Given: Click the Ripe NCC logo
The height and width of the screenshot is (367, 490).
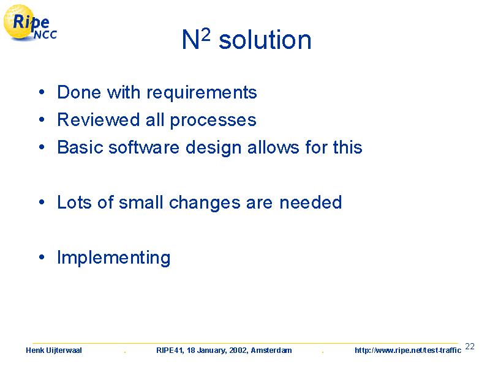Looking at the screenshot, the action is pyautogui.click(x=30, y=23).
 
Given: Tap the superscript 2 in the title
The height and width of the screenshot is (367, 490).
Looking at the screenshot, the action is pyautogui.click(x=206, y=35).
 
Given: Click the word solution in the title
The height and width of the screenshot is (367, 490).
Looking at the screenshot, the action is pyautogui.click(x=265, y=40).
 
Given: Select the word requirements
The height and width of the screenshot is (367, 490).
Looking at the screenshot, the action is pyautogui.click(x=202, y=93).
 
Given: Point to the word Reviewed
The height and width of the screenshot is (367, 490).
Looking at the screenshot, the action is pyautogui.click(x=98, y=119).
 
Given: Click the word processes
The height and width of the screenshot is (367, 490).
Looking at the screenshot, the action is pyautogui.click(x=213, y=121).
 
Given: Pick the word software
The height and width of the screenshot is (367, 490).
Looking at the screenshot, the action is pyautogui.click(x=144, y=147).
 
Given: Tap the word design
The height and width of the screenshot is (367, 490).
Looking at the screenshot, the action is pyautogui.click(x=213, y=147).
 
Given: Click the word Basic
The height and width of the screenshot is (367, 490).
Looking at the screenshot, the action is pyautogui.click(x=80, y=147).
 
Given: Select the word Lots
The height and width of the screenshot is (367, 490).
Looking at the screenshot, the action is pyautogui.click(x=74, y=202).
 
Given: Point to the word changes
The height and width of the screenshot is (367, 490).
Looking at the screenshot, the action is pyautogui.click(x=205, y=203).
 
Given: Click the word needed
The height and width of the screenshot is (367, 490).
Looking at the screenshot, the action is pyautogui.click(x=311, y=202).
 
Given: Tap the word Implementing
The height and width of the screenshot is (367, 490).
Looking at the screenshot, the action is pyautogui.click(x=114, y=258).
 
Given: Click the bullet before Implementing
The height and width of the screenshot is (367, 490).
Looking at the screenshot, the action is pyautogui.click(x=42, y=257).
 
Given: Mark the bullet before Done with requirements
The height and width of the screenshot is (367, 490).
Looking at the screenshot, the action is pyautogui.click(x=42, y=92).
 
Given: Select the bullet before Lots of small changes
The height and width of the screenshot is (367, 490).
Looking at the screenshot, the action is pyautogui.click(x=42, y=202).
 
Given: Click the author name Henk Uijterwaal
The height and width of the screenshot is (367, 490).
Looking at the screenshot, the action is pyautogui.click(x=54, y=350).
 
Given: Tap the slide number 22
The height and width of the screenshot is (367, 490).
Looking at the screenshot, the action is pyautogui.click(x=470, y=346).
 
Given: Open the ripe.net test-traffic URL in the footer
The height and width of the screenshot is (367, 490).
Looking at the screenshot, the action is pyautogui.click(x=408, y=350).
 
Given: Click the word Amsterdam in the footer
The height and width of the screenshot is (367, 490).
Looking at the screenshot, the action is pyautogui.click(x=271, y=350).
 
